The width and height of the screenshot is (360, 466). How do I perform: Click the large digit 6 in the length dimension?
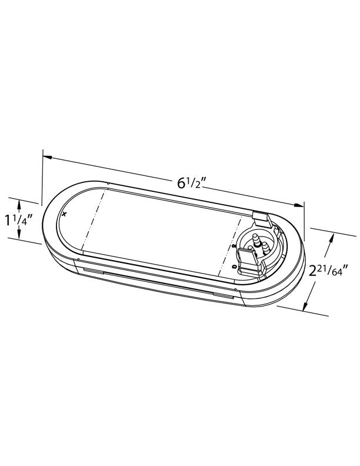click(x=182, y=183)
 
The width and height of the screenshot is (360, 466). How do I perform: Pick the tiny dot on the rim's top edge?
click(x=108, y=183)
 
